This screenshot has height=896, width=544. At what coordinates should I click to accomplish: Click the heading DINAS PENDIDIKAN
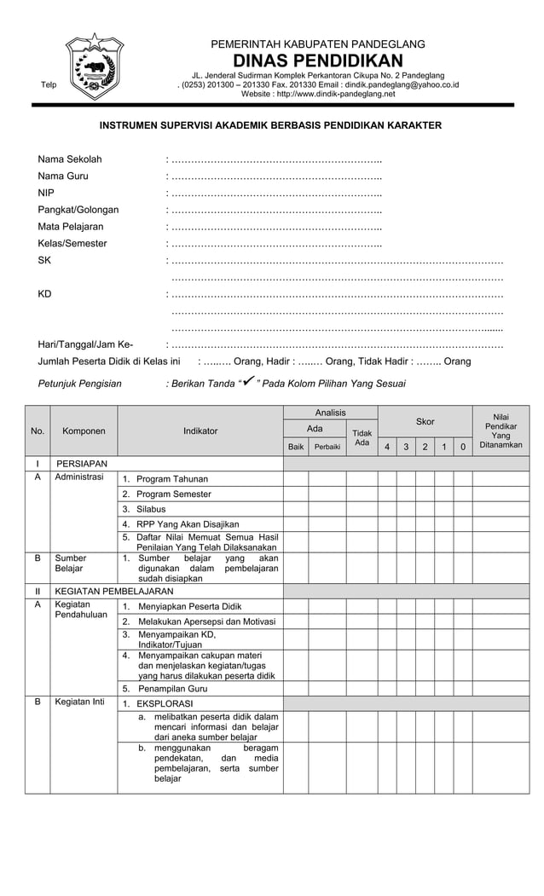pyautogui.click(x=317, y=61)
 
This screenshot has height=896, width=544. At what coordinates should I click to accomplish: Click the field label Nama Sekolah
pyautogui.click(x=69, y=159)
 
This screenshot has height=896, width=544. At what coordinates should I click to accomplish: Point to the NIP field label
pyautogui.click(x=46, y=193)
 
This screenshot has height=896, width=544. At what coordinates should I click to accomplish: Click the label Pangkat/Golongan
pyautogui.click(x=78, y=210)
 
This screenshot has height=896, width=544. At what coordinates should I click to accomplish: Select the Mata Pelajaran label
pyautogui.click(x=70, y=227)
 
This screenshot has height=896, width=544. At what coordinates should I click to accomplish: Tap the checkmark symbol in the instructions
pyautogui.click(x=249, y=382)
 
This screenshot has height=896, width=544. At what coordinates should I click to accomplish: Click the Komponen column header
pyautogui.click(x=84, y=431)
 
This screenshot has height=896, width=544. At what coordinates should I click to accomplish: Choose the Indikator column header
pyautogui.click(x=200, y=431)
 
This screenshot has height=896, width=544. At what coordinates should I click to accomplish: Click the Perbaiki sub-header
pyautogui.click(x=327, y=446)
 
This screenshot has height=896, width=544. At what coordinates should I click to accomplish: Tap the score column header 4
pyautogui.click(x=387, y=447)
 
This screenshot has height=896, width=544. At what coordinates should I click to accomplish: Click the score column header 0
pyautogui.click(x=462, y=447)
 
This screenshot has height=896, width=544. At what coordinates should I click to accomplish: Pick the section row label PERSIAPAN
pyautogui.click(x=81, y=463)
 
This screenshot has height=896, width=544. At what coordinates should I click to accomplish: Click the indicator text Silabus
pyautogui.click(x=151, y=509)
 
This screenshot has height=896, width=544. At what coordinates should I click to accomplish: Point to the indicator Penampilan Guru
pyautogui.click(x=172, y=688)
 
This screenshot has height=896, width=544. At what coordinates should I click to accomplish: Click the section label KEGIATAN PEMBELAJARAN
pyautogui.click(x=114, y=591)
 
